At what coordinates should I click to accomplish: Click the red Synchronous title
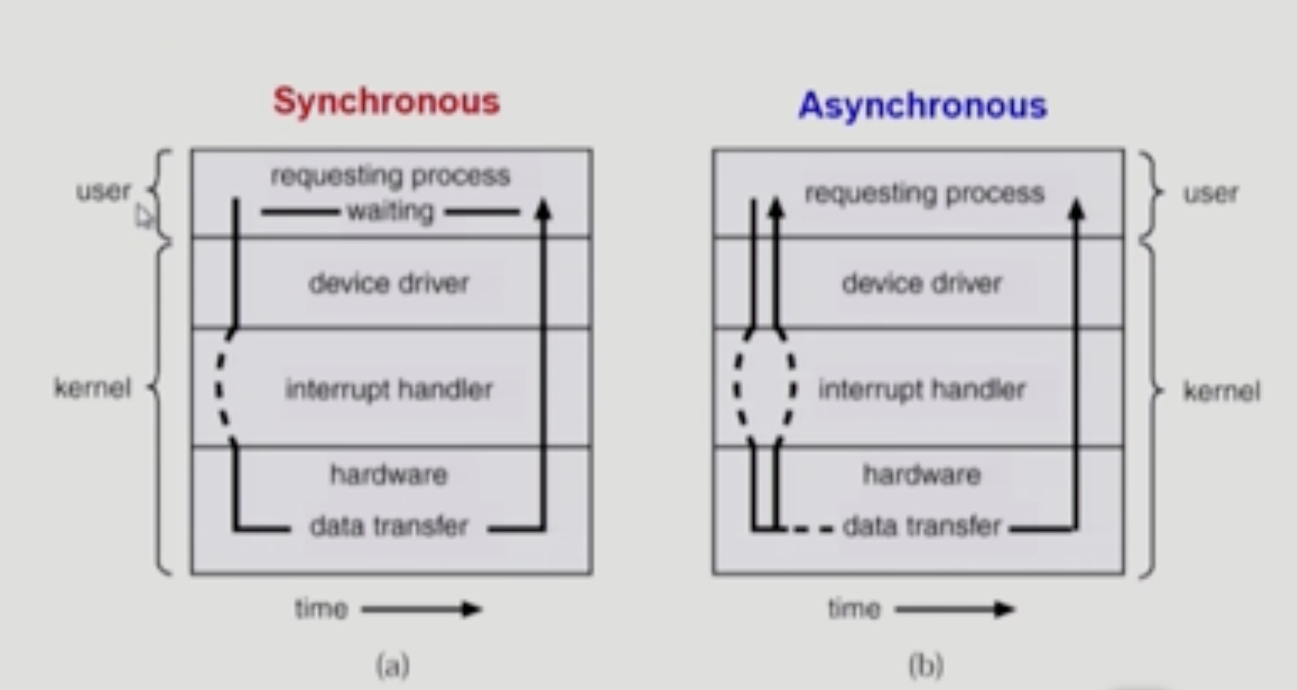pyautogui.click(x=386, y=102)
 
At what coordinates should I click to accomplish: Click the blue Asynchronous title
pyautogui.click(x=923, y=105)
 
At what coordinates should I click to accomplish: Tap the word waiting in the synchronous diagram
pyautogui.click(x=390, y=212)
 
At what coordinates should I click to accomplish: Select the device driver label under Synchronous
pyautogui.click(x=389, y=284)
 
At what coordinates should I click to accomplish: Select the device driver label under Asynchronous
pyautogui.click(x=921, y=284)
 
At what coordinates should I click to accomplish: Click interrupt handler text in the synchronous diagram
pyautogui.click(x=389, y=389)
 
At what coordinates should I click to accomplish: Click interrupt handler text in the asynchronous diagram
pyautogui.click(x=921, y=389)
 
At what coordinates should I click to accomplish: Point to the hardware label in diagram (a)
pyautogui.click(x=389, y=475)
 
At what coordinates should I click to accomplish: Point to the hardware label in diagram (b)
pyautogui.click(x=921, y=475)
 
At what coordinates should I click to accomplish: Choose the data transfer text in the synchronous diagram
pyautogui.click(x=389, y=526)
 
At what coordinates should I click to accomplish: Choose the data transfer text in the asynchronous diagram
pyautogui.click(x=921, y=526)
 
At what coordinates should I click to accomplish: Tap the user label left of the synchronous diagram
pyautogui.click(x=103, y=191)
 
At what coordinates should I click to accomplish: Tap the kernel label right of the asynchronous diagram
pyautogui.click(x=1221, y=391)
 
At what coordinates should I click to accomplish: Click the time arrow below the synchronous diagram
pyautogui.click(x=421, y=609)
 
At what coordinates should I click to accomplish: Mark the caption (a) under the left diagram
pyautogui.click(x=393, y=665)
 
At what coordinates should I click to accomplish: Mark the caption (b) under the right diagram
pyautogui.click(x=926, y=665)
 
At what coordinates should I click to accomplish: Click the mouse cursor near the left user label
pyautogui.click(x=143, y=217)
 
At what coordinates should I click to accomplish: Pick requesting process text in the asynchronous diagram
pyautogui.click(x=924, y=193)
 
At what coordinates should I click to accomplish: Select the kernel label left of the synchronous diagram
pyautogui.click(x=92, y=388)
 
